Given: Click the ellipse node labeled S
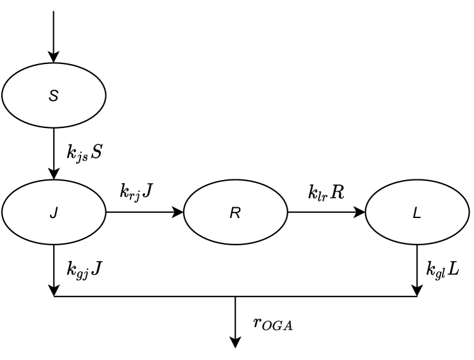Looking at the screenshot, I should [54, 96].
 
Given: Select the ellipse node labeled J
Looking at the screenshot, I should [54, 214].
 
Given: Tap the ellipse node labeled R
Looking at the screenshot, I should [235, 214].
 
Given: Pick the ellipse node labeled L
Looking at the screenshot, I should [416, 214].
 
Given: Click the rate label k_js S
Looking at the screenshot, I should [84, 153].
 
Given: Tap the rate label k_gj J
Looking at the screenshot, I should [84, 267].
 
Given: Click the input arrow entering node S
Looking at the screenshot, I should [54, 32].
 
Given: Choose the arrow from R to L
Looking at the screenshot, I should [326, 214].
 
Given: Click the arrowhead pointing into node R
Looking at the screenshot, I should [178, 214].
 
